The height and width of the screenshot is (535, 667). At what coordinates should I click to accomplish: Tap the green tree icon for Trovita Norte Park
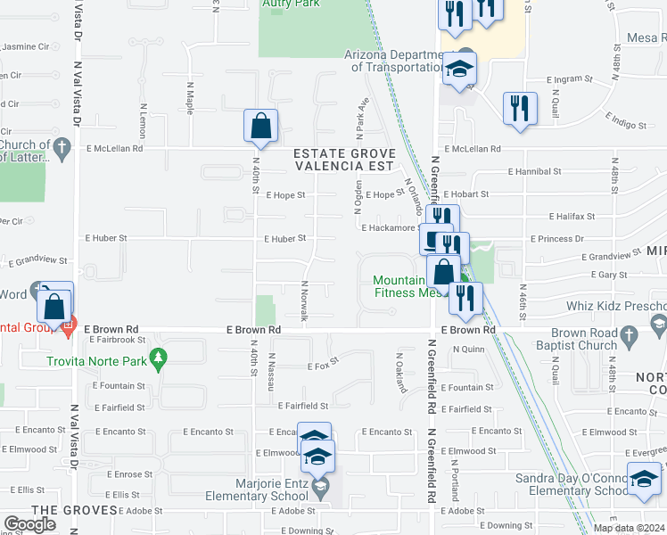point(159,359)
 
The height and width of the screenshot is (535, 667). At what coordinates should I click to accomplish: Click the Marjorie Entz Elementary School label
point(259,491)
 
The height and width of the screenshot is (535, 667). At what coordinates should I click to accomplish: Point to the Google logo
point(29,524)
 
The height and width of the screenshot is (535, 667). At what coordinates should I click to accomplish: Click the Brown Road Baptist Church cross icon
point(630,336)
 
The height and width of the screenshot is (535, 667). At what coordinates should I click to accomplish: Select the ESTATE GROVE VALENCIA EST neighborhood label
point(344,160)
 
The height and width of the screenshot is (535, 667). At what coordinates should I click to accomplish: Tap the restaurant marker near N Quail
point(517,109)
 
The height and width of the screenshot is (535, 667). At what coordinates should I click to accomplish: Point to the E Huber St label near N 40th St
point(284,238)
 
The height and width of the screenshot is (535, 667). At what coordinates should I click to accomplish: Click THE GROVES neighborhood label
point(74,510)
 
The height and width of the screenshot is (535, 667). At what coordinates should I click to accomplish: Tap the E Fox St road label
point(319,366)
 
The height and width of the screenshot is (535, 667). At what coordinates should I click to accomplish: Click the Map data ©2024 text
point(629,528)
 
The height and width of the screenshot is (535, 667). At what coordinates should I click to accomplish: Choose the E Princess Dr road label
point(557,239)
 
